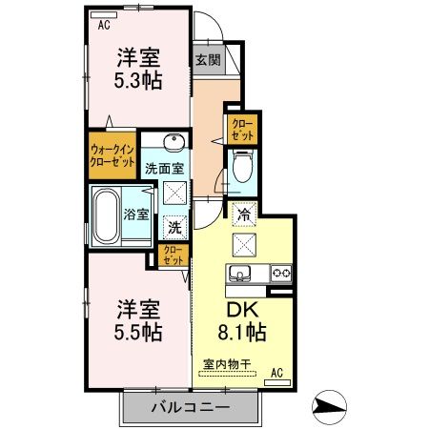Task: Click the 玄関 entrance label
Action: click(207, 59)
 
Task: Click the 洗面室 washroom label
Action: click(163, 169)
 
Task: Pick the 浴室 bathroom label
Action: click(136, 214)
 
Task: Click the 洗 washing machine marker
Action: click(174, 227)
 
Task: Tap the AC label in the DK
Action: click(277, 372)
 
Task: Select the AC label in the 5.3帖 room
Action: click(104, 26)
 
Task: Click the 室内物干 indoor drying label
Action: click(226, 363)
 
